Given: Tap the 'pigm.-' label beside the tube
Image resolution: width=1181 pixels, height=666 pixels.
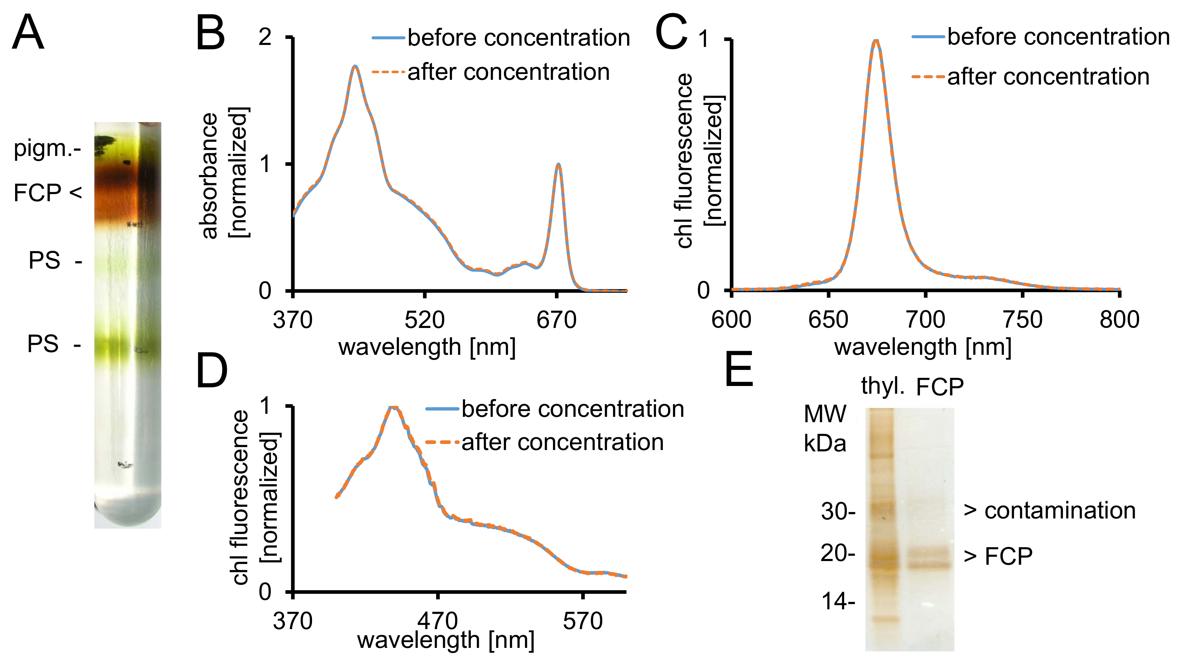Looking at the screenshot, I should coord(48,148).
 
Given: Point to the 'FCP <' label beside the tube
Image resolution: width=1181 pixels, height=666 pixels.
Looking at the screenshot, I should coord(48,192).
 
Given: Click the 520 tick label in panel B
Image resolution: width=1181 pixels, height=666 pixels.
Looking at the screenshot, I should coord(424,320).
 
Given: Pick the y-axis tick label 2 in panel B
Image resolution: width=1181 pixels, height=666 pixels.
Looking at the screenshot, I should coord(265,37).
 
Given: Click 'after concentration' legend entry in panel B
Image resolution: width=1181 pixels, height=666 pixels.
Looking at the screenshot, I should coord(508,72).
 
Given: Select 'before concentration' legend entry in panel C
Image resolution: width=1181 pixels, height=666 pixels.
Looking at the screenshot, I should coord(1058,37).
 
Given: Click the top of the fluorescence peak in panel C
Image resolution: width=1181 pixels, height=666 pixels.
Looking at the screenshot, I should coord(876,41).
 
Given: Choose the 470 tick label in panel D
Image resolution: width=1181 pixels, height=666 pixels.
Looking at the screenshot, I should coord(438,621).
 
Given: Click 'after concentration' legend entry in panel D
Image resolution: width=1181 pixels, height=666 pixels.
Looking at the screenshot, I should coord(562,442).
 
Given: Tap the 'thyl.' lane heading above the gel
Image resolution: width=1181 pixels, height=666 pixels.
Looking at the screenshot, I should coord(882,386).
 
